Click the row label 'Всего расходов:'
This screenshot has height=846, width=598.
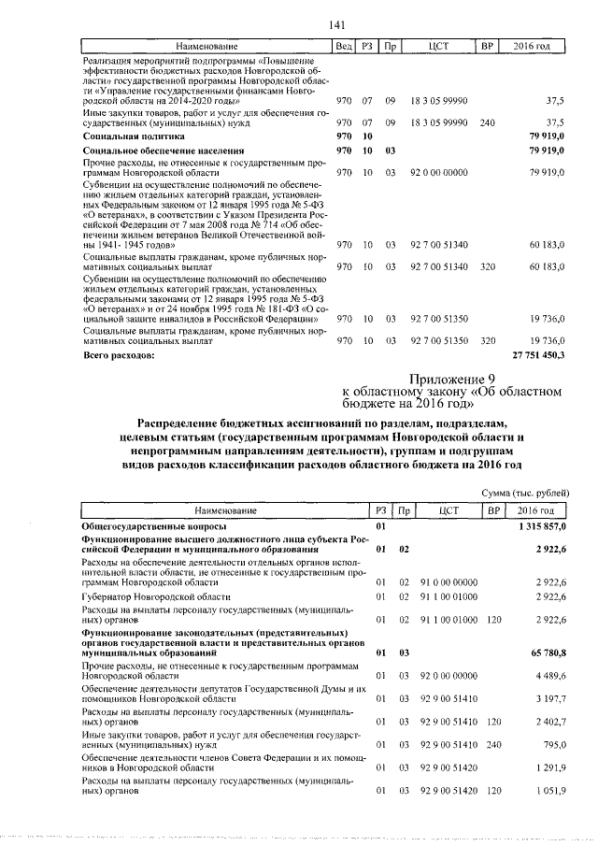(117, 356)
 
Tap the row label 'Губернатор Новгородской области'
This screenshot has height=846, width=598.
(155, 595)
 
